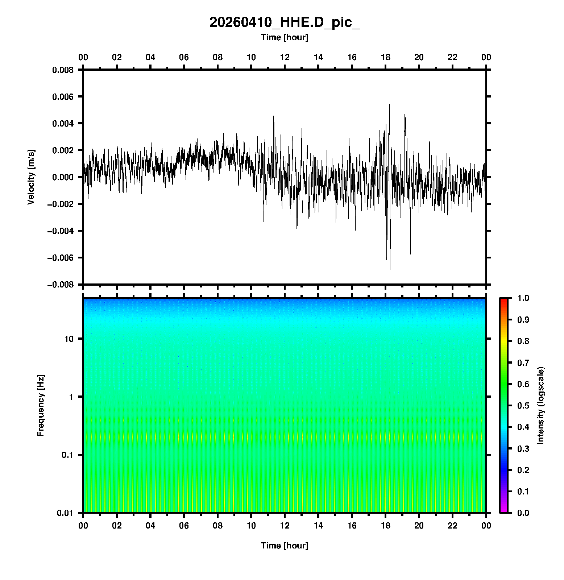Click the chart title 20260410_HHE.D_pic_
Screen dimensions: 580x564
(x=285, y=22)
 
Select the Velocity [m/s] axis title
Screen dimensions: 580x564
(x=31, y=177)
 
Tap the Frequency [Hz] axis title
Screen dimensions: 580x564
(x=41, y=405)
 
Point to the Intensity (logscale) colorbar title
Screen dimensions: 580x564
(x=541, y=405)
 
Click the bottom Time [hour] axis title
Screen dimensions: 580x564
(x=285, y=546)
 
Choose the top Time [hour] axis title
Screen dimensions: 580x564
(x=285, y=37)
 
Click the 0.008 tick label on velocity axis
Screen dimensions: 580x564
(x=63, y=70)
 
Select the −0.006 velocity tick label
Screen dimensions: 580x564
(x=60, y=258)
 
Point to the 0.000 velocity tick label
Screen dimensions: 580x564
(x=63, y=177)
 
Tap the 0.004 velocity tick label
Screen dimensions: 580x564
(x=63, y=124)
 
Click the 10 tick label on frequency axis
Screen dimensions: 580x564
(x=69, y=339)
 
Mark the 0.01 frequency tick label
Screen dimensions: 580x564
(x=65, y=513)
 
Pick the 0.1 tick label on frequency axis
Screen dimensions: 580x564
(x=67, y=455)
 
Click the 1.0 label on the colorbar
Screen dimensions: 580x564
(x=524, y=298)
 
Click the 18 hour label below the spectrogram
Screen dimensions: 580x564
(x=386, y=526)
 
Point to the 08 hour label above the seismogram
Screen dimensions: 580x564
(x=217, y=57)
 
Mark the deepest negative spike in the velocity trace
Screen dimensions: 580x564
(x=390, y=269)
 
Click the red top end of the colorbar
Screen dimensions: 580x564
(x=503, y=300)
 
